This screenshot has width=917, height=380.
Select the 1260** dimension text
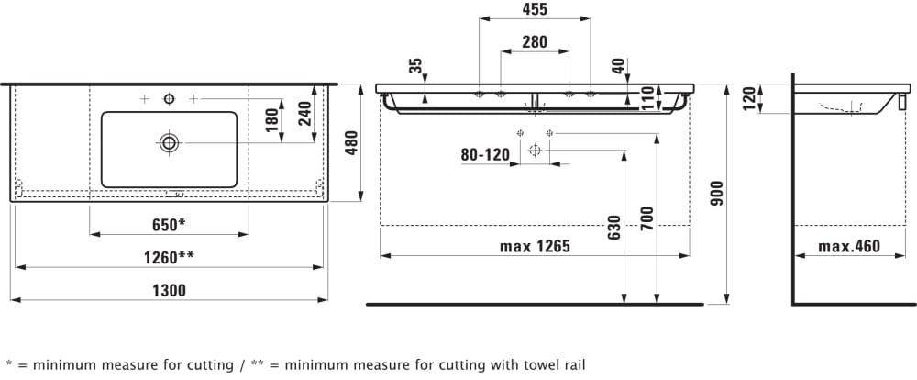click(167, 257)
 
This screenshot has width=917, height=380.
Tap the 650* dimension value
click(169, 224)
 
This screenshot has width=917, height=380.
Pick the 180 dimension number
click(271, 121)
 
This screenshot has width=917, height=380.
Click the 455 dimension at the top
click(534, 10)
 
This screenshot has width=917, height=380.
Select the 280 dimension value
click(534, 41)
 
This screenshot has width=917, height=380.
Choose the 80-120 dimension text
click(484, 155)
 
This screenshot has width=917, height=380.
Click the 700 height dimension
click(646, 218)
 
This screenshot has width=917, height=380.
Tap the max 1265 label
click(535, 246)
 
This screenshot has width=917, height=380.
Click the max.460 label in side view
click(849, 246)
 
